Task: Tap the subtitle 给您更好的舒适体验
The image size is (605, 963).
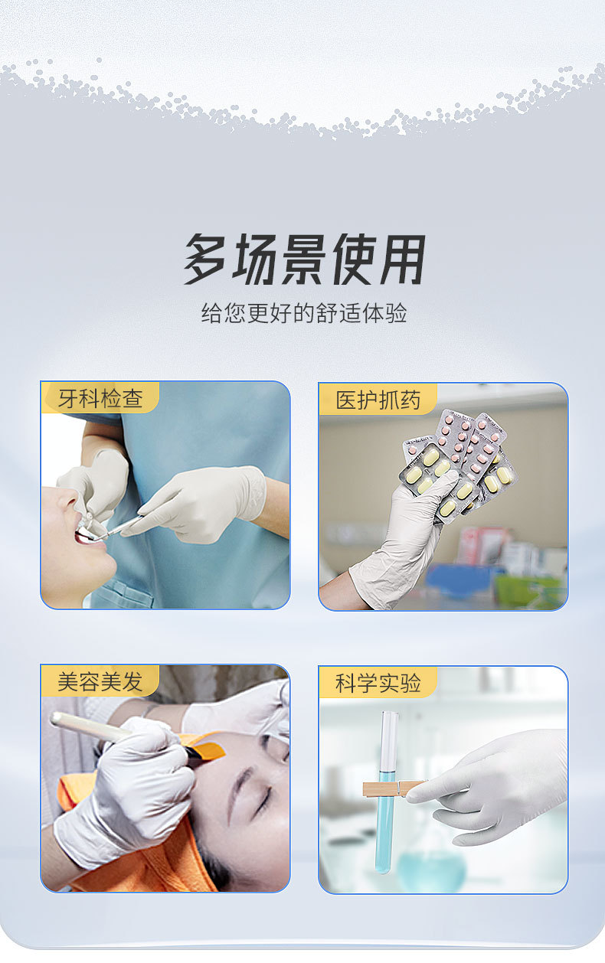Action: [303, 313]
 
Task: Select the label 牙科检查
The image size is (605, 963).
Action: [100, 398]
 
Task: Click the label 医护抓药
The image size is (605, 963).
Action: [378, 399]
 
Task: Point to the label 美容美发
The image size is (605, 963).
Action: [100, 681]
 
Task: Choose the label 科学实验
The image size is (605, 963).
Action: [378, 682]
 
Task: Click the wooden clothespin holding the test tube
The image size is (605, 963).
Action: [391, 788]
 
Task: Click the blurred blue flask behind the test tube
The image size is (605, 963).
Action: [433, 865]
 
